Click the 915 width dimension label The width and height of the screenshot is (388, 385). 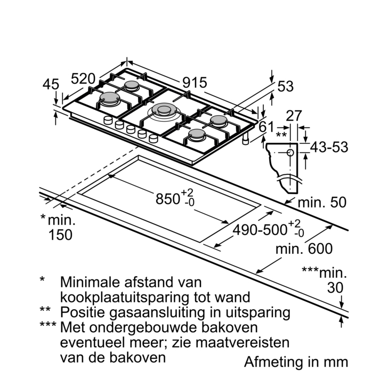(195, 83)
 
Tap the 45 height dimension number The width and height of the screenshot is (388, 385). (51, 85)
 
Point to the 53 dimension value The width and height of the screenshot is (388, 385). (286, 86)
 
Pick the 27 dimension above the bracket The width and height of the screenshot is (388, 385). (295, 116)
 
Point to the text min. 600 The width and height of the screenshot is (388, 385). (304, 249)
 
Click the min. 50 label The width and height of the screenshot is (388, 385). (322, 203)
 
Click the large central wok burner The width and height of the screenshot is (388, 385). (163, 111)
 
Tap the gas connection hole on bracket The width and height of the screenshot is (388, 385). (290, 153)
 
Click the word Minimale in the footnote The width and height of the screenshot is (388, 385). (93, 282)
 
